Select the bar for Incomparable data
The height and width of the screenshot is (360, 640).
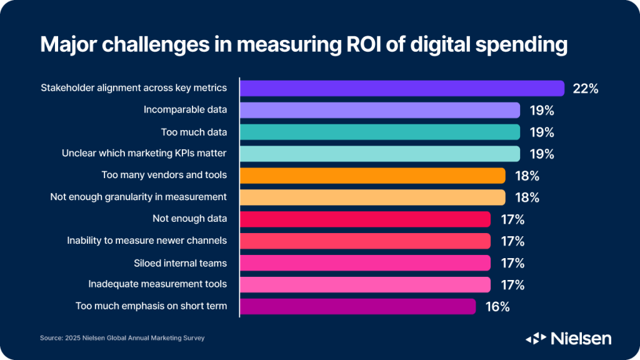point(380,110)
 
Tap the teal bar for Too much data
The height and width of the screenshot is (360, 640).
point(380,132)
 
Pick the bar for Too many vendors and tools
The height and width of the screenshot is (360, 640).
point(372,176)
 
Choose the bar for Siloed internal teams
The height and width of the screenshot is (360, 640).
point(365,262)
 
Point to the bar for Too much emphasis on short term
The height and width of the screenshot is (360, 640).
point(357,306)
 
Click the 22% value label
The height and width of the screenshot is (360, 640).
point(586,89)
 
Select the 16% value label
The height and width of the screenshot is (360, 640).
point(497,307)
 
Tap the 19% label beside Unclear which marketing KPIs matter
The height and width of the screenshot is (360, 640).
point(541,154)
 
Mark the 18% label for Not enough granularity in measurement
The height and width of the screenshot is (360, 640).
point(526,197)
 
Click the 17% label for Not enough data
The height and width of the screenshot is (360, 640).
point(512,219)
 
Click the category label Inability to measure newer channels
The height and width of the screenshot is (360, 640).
point(147,241)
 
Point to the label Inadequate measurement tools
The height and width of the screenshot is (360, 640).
point(157,284)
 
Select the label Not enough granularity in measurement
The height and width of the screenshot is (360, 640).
point(138,197)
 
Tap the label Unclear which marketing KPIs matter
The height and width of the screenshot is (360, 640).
point(144,153)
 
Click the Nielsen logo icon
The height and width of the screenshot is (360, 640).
point(536,338)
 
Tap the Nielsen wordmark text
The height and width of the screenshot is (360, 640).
point(581,338)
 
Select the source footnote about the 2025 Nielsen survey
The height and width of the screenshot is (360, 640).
point(122,338)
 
